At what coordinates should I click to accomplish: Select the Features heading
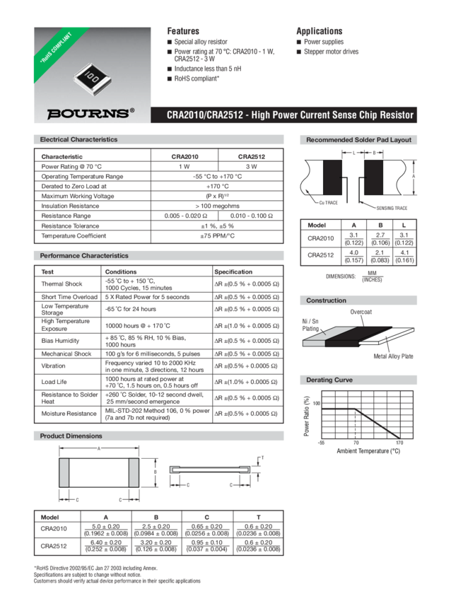point(182,31)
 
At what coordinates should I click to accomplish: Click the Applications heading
point(319,31)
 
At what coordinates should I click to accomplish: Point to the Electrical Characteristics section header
point(78,139)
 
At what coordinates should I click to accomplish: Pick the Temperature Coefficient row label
point(74,235)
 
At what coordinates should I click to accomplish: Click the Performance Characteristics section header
point(84,255)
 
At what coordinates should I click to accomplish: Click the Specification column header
point(233,272)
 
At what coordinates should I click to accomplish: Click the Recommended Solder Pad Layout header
point(358,139)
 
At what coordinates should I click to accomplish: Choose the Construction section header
point(326,300)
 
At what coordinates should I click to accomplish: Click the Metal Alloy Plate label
point(393,356)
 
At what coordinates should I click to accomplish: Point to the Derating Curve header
point(329,380)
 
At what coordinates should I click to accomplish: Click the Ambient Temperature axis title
point(368,450)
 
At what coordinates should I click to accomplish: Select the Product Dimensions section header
point(71,436)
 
